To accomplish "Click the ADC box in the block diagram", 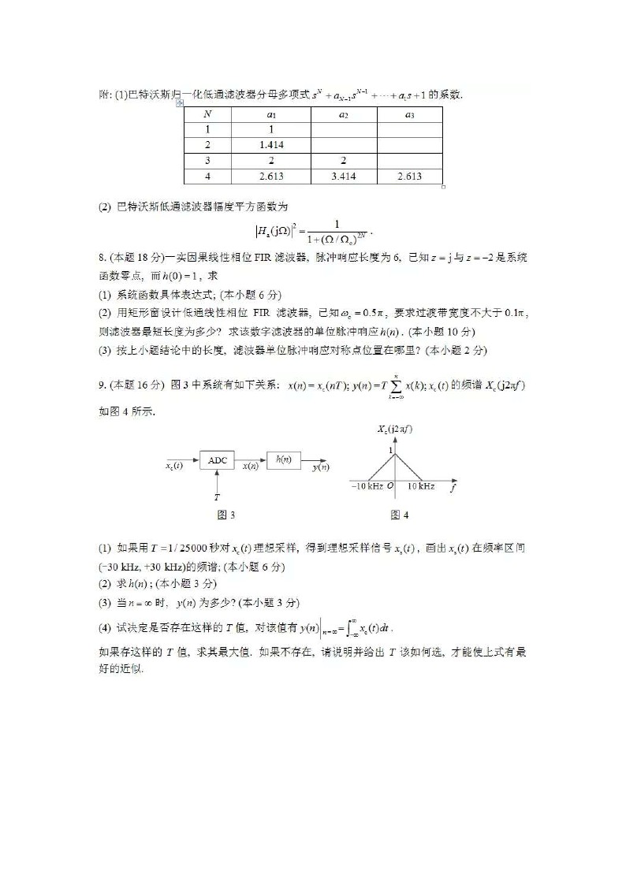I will point(218,460).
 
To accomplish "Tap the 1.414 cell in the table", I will point(270,145).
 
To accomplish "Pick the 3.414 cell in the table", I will point(344,177).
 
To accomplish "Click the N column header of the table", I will point(207,114).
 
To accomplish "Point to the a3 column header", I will point(409,114).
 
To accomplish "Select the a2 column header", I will point(344,114).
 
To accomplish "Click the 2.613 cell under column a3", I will point(409,177).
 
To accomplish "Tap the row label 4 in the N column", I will point(207,177).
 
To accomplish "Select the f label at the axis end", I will point(453,488).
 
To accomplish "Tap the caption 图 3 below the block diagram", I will point(225,515).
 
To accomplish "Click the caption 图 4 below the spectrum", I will point(399,515).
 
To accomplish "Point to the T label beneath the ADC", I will point(217,497).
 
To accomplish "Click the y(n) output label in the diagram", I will point(320,467).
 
